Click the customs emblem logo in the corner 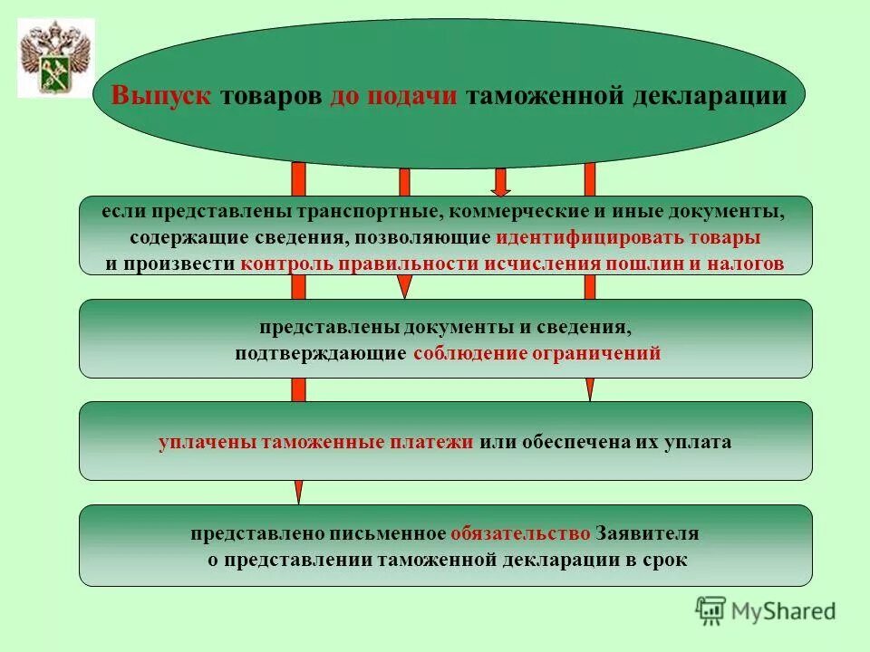(56, 58)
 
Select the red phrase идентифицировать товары (627, 238)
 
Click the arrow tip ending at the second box (405, 289)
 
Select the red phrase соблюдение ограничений (536, 353)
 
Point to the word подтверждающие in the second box (320, 353)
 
